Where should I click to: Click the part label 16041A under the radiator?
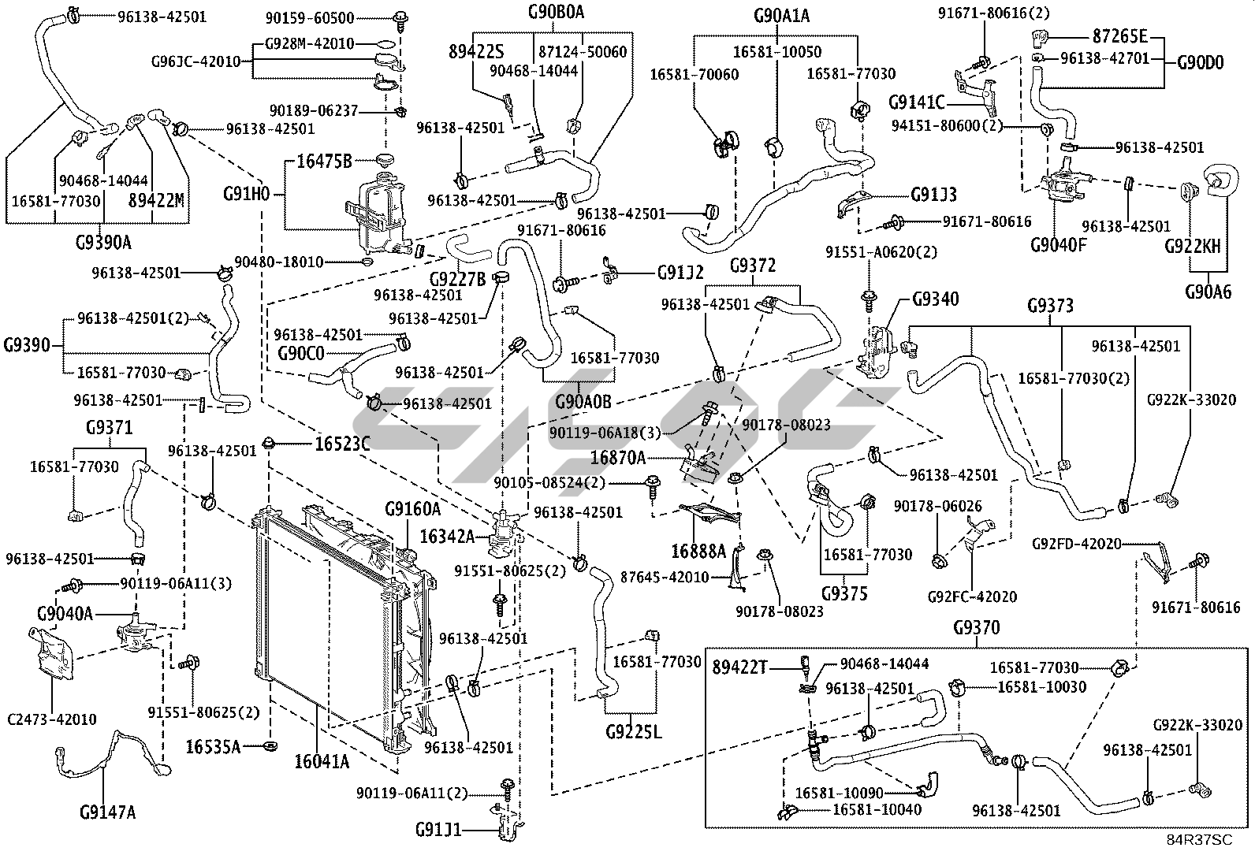pyautogui.click(x=322, y=761)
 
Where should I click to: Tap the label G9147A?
pyautogui.click(x=107, y=811)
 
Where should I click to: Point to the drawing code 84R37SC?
pyautogui.click(x=1200, y=840)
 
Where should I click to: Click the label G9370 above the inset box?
pyautogui.click(x=976, y=628)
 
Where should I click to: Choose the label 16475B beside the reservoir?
pyautogui.click(x=324, y=162)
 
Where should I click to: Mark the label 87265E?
pyautogui.click(x=1119, y=36)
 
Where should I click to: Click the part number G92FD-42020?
pyautogui.click(x=1077, y=544)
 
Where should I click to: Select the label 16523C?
pyautogui.click(x=342, y=444)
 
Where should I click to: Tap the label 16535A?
pyautogui.click(x=213, y=745)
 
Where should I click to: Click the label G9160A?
pyautogui.click(x=412, y=509)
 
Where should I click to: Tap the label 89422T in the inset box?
pyautogui.click(x=739, y=667)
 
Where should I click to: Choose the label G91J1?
pyautogui.click(x=439, y=830)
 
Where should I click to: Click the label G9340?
pyautogui.click(x=936, y=299)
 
